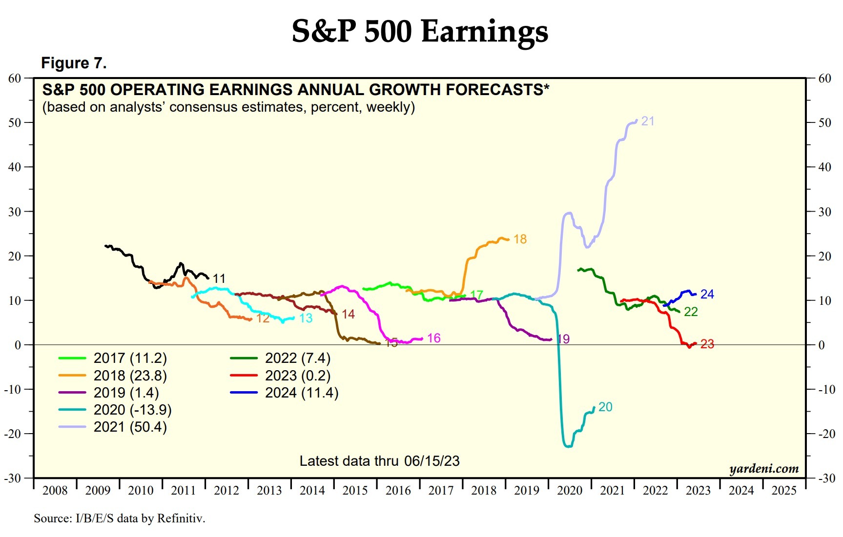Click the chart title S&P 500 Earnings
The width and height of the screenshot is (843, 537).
click(x=420, y=31)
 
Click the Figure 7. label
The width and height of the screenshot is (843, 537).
click(x=74, y=63)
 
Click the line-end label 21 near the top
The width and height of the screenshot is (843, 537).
click(x=648, y=121)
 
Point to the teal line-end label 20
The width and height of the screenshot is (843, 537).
click(x=605, y=407)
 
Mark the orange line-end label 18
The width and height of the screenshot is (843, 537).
click(x=520, y=239)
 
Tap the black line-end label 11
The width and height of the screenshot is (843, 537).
click(x=219, y=278)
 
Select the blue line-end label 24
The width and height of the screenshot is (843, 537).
click(x=707, y=294)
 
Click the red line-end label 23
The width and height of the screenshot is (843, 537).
click(x=707, y=344)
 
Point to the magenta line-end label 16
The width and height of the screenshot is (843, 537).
click(x=433, y=338)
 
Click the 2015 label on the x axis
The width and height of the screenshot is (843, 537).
click(x=355, y=490)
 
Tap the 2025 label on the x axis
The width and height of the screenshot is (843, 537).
click(x=784, y=490)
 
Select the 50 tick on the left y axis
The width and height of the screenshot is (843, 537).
click(x=15, y=122)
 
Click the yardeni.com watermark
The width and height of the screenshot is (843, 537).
click(x=764, y=469)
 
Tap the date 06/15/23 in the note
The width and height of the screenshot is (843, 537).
click(x=432, y=461)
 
